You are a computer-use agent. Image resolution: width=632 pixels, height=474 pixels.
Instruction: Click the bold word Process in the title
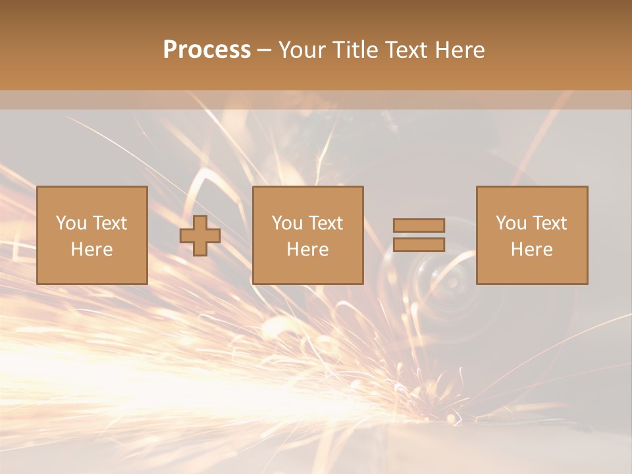(207, 50)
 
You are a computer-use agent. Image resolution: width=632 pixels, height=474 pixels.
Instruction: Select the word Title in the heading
(355, 50)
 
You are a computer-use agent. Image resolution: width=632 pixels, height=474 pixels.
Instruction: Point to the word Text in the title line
(409, 50)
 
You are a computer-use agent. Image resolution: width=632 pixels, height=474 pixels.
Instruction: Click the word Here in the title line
(461, 50)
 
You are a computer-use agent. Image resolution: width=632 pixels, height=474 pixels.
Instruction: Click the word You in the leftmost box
(71, 223)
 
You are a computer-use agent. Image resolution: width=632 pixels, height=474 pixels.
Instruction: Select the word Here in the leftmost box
(92, 250)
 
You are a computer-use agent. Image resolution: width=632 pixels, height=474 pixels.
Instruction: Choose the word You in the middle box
(287, 223)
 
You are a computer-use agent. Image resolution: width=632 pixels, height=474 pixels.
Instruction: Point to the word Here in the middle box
(307, 250)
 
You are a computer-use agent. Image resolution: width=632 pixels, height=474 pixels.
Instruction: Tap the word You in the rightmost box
(511, 223)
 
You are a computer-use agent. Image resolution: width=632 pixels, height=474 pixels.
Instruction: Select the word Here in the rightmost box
(531, 250)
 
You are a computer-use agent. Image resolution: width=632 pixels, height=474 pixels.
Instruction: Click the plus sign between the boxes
(200, 236)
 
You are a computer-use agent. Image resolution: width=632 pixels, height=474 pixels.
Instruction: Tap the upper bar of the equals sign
(419, 225)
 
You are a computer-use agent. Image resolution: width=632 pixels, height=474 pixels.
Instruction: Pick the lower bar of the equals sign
(419, 245)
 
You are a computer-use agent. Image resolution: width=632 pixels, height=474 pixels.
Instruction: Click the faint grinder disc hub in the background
(452, 282)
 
